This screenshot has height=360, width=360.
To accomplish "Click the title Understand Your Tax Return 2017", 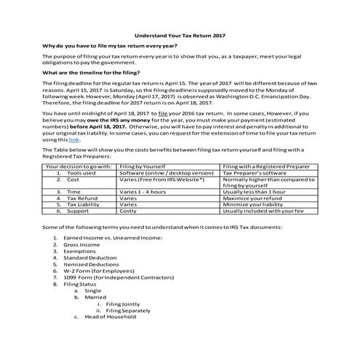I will (x=179, y=34).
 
